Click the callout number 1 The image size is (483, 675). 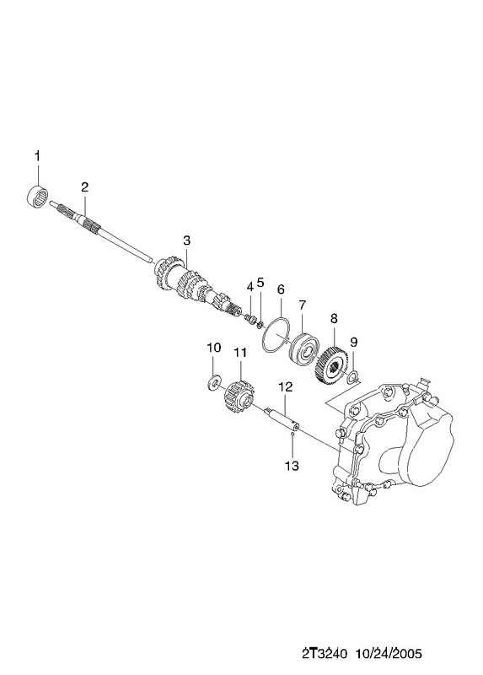point(37,156)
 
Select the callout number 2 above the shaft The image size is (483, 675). point(85,186)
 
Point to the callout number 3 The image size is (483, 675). point(186,240)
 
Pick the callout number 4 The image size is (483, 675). point(250,287)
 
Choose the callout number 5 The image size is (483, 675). point(260,282)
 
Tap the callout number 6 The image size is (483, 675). point(281,289)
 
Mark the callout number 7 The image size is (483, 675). point(302,305)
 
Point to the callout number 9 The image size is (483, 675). point(353,342)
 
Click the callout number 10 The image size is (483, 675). point(214,348)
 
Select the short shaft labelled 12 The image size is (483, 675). point(282,419)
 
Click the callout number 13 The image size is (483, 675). point(292,466)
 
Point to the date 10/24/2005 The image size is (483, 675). point(388,654)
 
